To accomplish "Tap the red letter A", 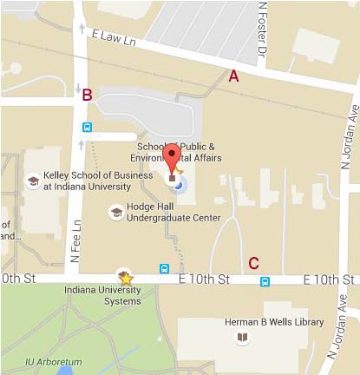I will point(232,76).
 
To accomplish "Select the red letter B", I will point(87,95).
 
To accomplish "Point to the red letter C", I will point(254,262).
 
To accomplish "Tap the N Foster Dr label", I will point(261,30).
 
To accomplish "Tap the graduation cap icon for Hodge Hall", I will point(115,212).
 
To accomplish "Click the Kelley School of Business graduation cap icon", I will point(32,181).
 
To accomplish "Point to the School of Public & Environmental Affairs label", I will point(184,152).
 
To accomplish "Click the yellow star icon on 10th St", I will point(126,279).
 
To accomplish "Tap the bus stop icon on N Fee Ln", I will point(87,127).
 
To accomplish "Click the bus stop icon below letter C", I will point(264,280).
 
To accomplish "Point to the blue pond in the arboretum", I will point(66,371).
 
